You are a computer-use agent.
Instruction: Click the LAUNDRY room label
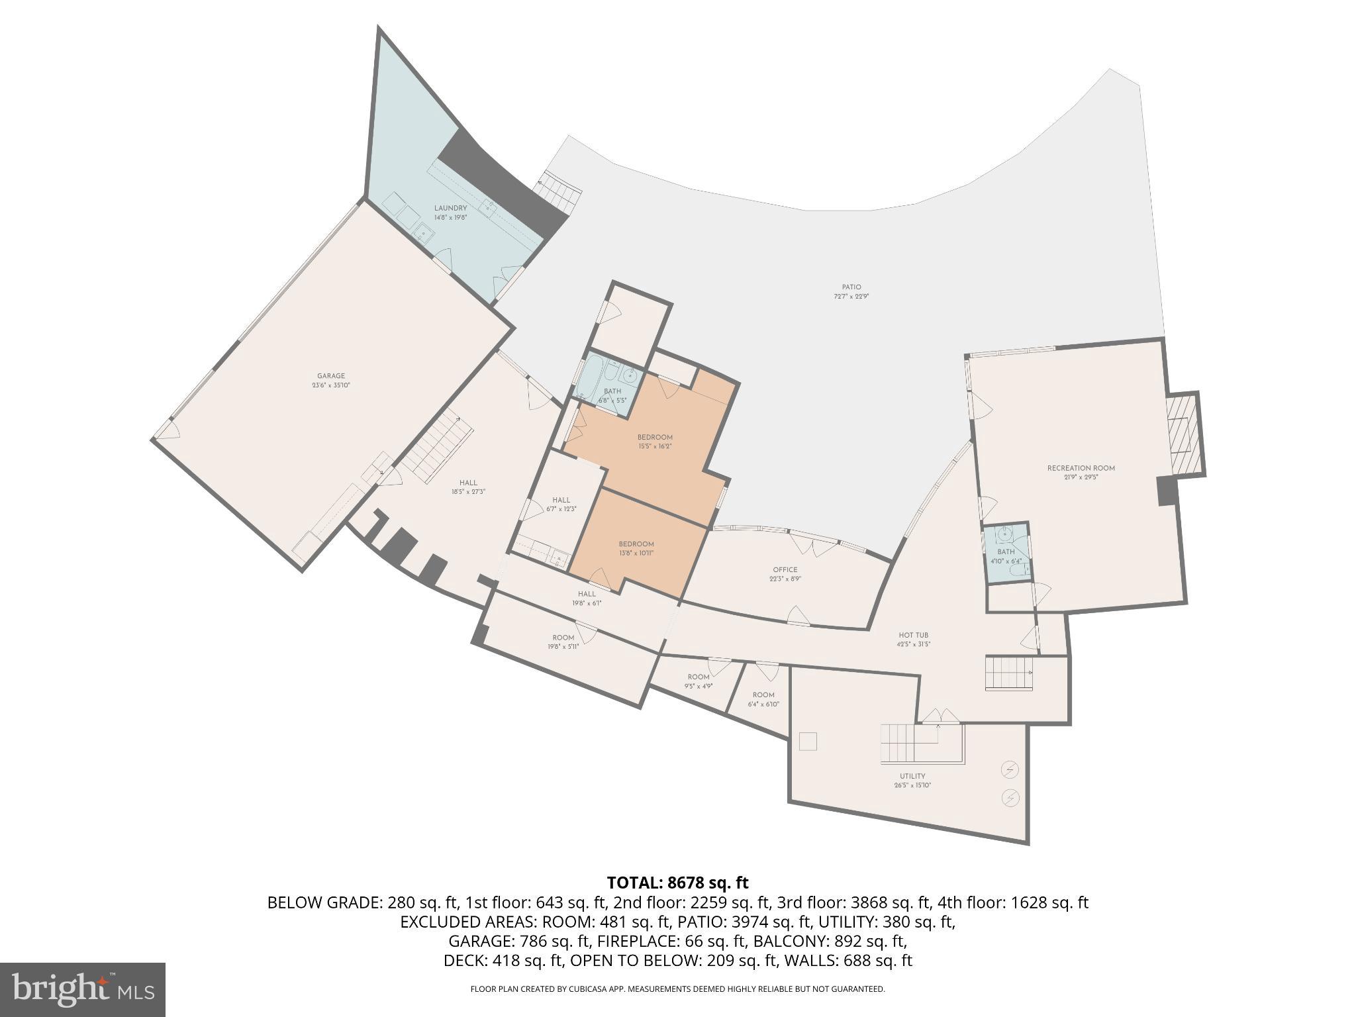click(450, 209)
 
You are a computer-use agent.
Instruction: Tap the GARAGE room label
click(330, 376)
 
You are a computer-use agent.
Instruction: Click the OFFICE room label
click(785, 569)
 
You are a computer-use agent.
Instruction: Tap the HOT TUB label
click(913, 635)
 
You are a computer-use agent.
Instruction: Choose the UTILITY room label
click(912, 776)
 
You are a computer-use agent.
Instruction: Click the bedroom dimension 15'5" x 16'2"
click(655, 446)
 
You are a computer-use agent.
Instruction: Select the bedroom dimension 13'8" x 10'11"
click(636, 553)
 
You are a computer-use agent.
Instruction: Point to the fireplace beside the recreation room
click(1184, 434)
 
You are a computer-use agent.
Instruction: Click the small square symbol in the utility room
click(808, 742)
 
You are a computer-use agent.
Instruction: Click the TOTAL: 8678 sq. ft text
click(677, 883)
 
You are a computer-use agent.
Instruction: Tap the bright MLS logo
click(83, 989)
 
